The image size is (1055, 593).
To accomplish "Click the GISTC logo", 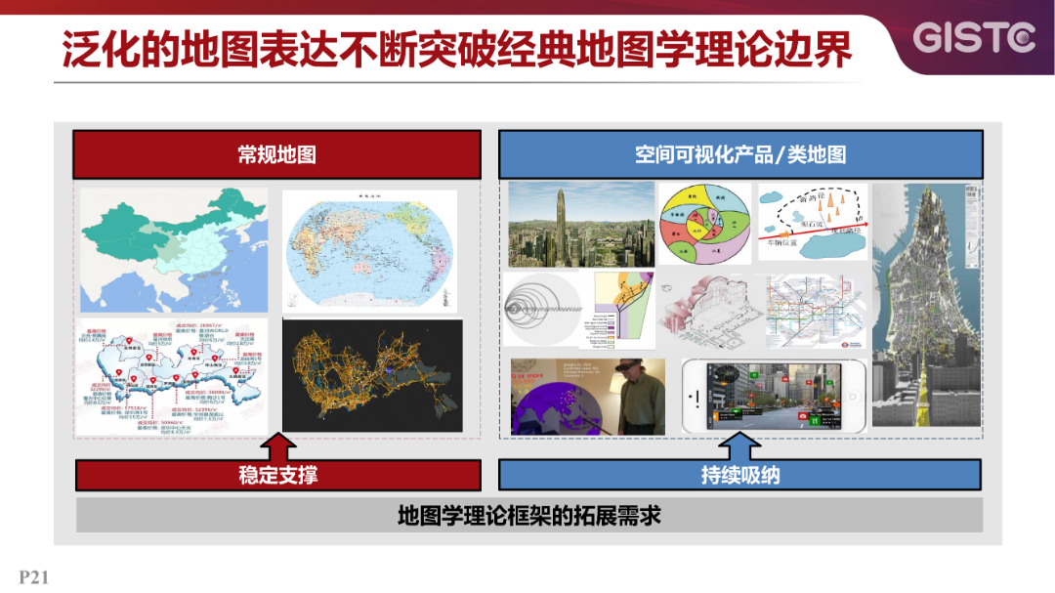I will (x=973, y=38).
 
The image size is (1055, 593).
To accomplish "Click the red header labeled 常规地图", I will (x=277, y=154).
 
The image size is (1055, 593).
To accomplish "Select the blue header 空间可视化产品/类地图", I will (x=740, y=154).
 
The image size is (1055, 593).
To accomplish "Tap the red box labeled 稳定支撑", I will (x=277, y=476).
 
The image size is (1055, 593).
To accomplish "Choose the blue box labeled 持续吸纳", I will (x=740, y=476).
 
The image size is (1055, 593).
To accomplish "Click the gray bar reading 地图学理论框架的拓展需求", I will (x=529, y=515).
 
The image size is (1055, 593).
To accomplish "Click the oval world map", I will (x=371, y=250).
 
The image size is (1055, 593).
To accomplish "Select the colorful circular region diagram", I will (x=704, y=225).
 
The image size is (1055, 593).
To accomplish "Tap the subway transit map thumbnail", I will (x=816, y=312).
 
